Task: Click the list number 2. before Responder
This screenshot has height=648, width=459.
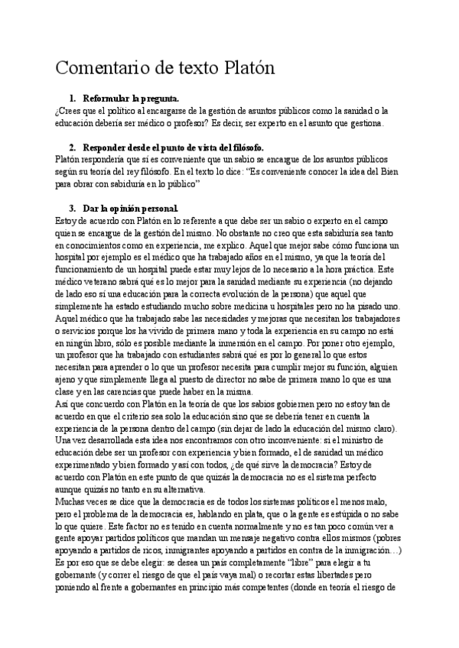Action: (72, 147)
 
